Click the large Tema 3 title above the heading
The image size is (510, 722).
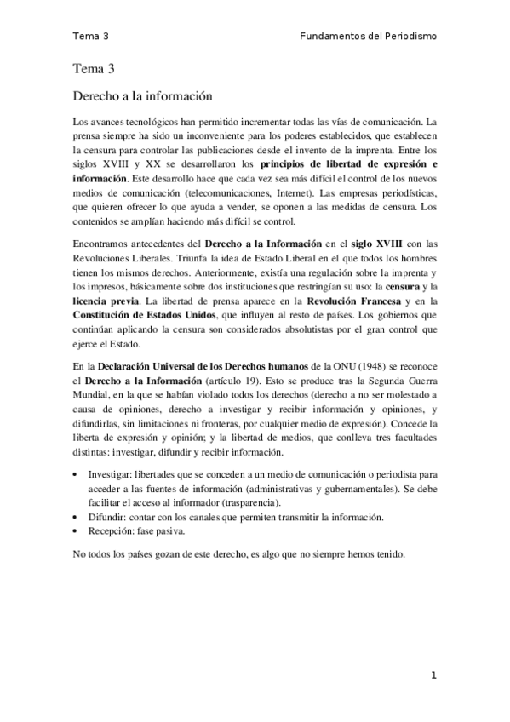93,68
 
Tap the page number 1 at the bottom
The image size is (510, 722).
433,675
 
